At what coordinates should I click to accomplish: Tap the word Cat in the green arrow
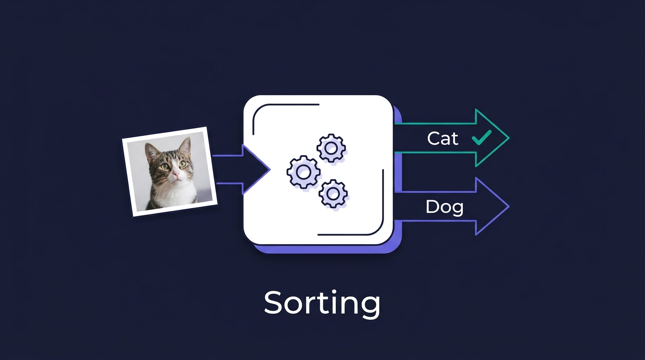tap(442, 139)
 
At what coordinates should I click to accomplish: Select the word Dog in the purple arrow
tap(444, 207)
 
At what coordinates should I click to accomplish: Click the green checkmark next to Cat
tap(482, 137)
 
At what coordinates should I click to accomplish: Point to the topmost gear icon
tap(331, 148)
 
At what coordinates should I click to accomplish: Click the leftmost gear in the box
tap(303, 172)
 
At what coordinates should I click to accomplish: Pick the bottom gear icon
tap(333, 194)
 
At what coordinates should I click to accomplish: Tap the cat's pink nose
tap(175, 173)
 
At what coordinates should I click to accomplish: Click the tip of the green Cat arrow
tap(509, 138)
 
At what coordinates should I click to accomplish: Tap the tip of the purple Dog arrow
tap(509, 207)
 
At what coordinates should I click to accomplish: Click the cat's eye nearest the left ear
tap(165, 166)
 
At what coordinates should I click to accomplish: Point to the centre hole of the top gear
tap(331, 148)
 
